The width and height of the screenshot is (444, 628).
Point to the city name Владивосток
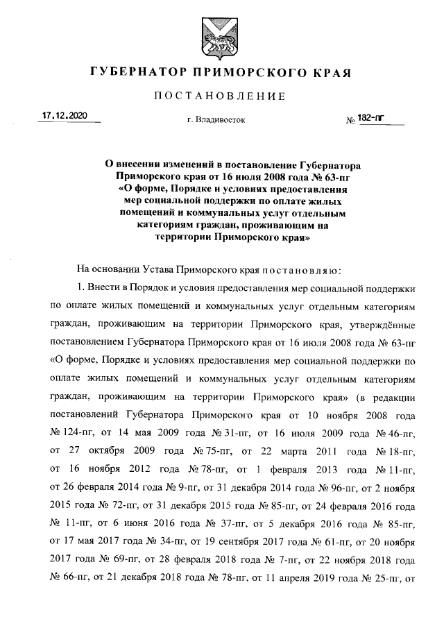click(216, 120)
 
